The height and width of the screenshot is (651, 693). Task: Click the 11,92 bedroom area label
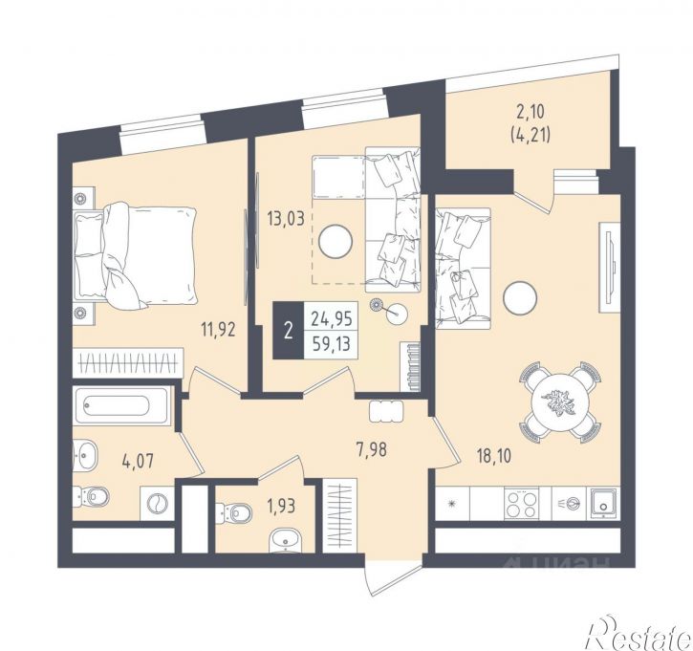[x=217, y=330]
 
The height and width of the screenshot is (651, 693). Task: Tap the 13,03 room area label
[x=286, y=219]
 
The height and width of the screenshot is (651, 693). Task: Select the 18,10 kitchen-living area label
[x=493, y=456]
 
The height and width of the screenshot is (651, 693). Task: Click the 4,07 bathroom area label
[x=138, y=462]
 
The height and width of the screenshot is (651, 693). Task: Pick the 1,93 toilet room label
[x=280, y=505]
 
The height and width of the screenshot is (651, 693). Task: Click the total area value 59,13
[x=332, y=343]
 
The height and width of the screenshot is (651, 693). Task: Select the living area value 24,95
[x=332, y=318]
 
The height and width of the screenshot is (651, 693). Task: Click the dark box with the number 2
[x=289, y=330]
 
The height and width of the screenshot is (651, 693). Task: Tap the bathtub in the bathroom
[x=121, y=405]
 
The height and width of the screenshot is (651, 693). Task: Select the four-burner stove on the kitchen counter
[x=522, y=504]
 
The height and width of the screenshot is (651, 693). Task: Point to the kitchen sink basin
[x=603, y=503]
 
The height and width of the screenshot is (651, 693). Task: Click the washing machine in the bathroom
[x=157, y=503]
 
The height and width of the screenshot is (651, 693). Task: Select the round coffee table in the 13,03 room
[x=336, y=241]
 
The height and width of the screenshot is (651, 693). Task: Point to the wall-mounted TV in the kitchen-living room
[x=609, y=268]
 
